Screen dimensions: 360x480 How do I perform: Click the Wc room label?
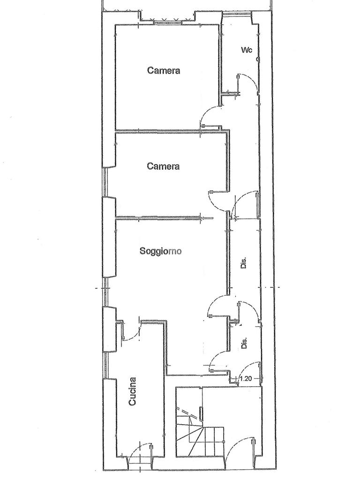(x=247, y=50)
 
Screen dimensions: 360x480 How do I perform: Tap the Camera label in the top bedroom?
(x=164, y=71)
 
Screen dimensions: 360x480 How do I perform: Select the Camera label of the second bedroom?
(x=163, y=166)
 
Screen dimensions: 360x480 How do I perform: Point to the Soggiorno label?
(x=161, y=251)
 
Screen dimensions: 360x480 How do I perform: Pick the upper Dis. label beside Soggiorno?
(x=244, y=263)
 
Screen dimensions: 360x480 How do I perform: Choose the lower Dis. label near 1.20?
(x=244, y=344)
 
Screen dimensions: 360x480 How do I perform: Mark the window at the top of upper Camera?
(x=167, y=21)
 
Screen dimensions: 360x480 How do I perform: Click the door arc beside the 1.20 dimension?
(x=251, y=368)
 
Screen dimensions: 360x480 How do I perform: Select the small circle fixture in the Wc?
(x=258, y=59)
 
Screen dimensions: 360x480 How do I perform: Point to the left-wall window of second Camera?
(x=105, y=182)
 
